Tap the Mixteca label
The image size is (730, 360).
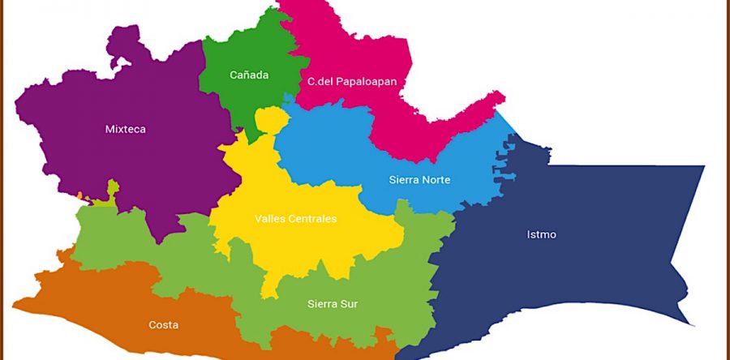tap(125, 129)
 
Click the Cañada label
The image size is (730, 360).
tap(248, 75)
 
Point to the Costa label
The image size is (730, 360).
tap(163, 325)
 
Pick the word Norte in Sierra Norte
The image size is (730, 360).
tap(435, 180)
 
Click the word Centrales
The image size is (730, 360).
tap(311, 219)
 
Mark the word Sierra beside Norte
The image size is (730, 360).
tap(403, 180)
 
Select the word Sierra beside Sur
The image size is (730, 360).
tap(322, 305)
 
